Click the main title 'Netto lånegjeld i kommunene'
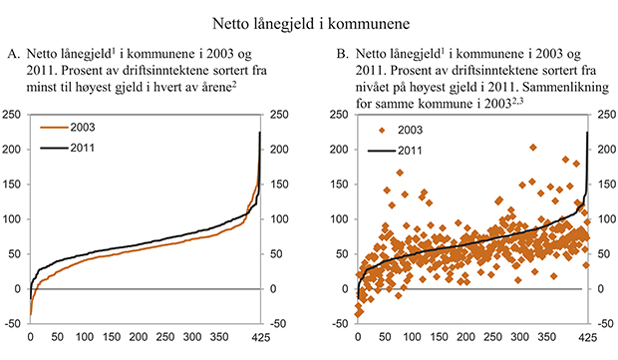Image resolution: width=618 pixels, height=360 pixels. point(309,19)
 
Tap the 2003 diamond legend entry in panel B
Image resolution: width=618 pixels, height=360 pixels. point(398,130)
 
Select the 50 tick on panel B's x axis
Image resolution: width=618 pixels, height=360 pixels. point(384,337)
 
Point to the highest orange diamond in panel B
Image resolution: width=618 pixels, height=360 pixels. point(532,148)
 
